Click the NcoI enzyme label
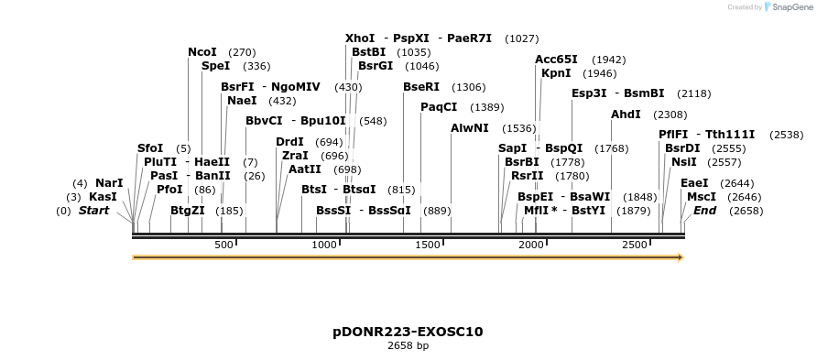coord(202,52)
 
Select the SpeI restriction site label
coord(215,66)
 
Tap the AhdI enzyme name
coord(626,115)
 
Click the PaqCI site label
coord(439,107)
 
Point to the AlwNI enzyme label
coord(469,128)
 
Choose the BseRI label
coord(421,87)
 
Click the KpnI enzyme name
coord(556,73)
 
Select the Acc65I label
coord(557,60)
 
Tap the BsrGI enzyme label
coord(376,66)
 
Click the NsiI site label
coord(683,162)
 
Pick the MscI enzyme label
coord(701,197)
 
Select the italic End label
coord(704,211)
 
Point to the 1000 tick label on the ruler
coord(325,245)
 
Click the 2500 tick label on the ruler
coord(635,245)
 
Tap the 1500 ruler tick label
coord(429,245)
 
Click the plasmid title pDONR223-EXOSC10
coord(408,332)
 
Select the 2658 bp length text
coord(408,346)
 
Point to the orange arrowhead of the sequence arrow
coord(680,258)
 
